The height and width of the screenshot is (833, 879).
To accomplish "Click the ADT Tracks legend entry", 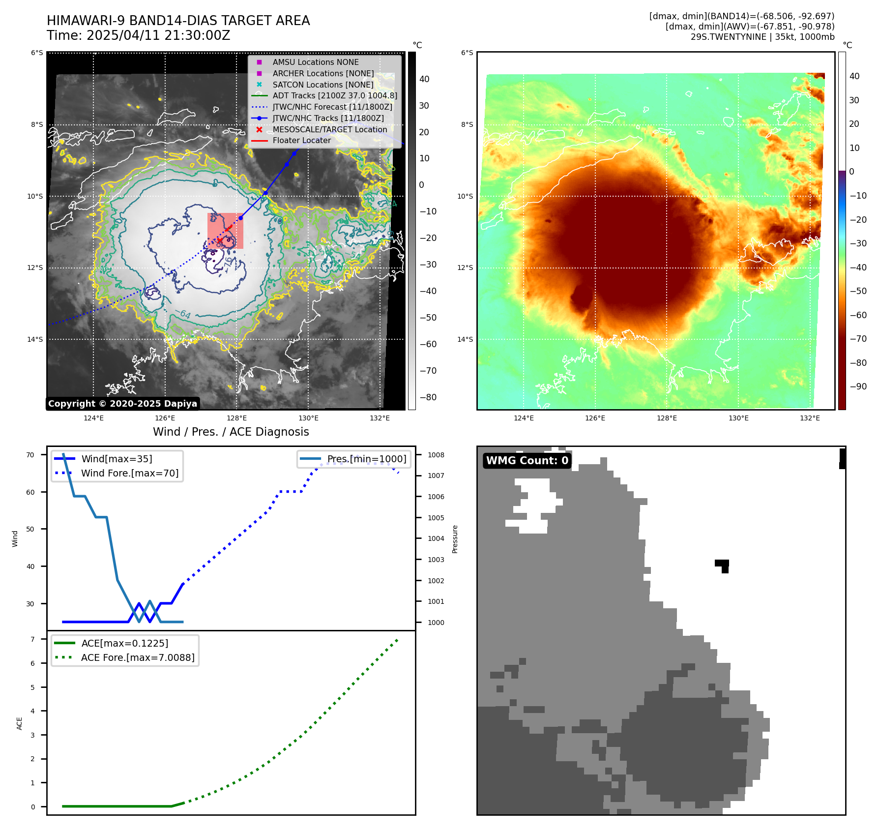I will (x=334, y=96).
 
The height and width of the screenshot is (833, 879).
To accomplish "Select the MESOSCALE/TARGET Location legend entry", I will (x=329, y=129).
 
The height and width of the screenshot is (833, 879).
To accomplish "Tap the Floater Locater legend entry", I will (x=301, y=141).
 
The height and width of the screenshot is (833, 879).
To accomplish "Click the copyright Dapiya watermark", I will (x=122, y=404).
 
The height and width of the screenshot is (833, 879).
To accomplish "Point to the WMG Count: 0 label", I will (x=527, y=461).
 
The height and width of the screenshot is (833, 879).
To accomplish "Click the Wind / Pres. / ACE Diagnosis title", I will (x=231, y=432).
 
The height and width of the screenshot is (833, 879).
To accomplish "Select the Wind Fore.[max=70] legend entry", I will (x=129, y=473).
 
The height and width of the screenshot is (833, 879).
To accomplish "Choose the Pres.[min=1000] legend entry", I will (x=366, y=459).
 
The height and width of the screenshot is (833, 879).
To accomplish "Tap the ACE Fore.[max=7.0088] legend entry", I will (x=137, y=657).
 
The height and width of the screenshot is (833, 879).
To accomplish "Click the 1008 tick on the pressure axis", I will (x=436, y=455).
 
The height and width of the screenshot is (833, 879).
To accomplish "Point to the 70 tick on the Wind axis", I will (x=30, y=455).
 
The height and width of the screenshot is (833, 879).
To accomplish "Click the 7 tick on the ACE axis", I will (x=33, y=639).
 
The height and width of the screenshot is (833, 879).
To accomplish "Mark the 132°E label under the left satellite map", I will (x=380, y=418).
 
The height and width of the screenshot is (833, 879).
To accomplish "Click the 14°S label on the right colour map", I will (x=465, y=339).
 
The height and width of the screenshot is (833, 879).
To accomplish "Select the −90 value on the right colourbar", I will (x=858, y=387).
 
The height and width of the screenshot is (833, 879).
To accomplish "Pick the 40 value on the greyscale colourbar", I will (x=424, y=79).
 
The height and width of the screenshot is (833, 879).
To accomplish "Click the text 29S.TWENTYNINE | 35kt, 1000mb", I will (x=762, y=37).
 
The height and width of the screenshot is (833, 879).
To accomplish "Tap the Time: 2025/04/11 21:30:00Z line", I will (x=138, y=35).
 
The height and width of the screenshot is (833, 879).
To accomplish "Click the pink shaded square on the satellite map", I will (x=225, y=231).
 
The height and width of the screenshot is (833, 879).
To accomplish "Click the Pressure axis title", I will (x=455, y=539).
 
